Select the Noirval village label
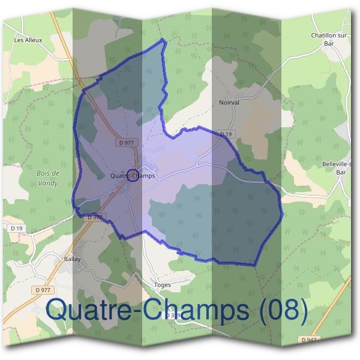[x=229, y=103]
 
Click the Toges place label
[x=163, y=285]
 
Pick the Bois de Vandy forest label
[x=47, y=178]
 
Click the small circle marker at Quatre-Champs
[x=132, y=175]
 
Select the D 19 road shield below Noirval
[x=226, y=134]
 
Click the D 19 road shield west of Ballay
[x=16, y=229]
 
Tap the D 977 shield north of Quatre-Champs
[x=126, y=143]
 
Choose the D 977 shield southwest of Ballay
[x=43, y=290]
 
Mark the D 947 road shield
[x=310, y=340]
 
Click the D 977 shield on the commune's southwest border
[x=95, y=217]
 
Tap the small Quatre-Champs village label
[x=133, y=176]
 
